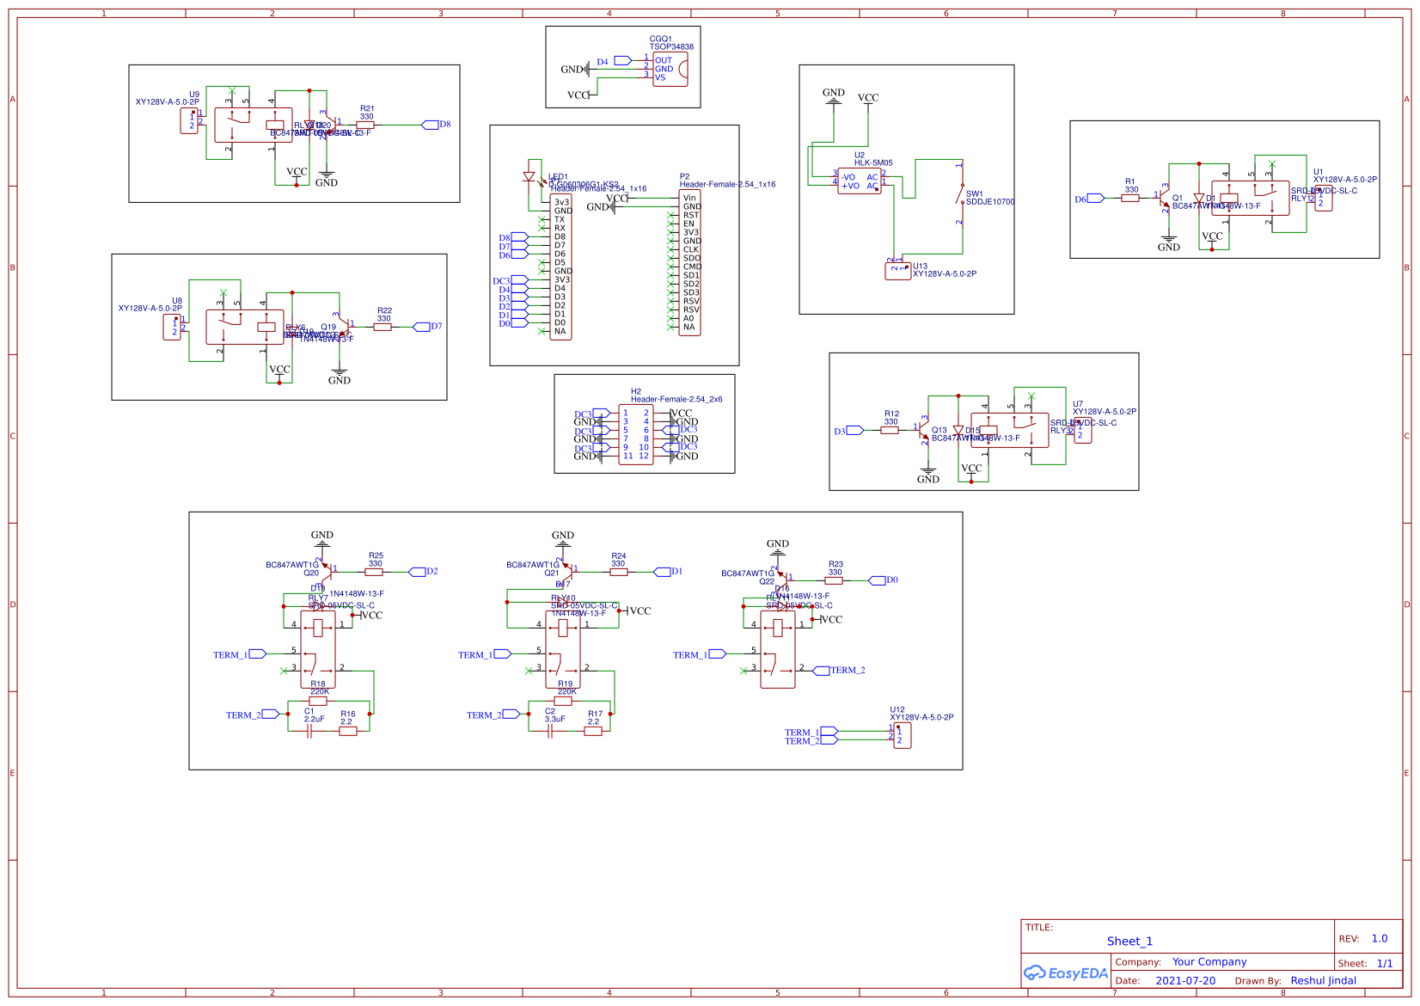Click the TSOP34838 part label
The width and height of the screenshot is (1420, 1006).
tap(671, 47)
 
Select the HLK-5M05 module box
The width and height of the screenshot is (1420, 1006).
tap(859, 181)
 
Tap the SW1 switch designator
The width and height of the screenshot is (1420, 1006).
tap(974, 194)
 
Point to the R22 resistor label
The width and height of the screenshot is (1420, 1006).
tap(384, 310)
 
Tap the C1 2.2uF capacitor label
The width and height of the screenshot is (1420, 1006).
tap(314, 715)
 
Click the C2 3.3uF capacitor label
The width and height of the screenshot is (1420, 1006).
tap(554, 715)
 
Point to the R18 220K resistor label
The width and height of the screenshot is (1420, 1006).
tap(318, 688)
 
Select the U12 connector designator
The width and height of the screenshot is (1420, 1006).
tap(897, 710)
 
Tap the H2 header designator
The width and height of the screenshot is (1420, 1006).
tap(636, 391)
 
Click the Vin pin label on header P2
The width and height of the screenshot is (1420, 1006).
tap(689, 198)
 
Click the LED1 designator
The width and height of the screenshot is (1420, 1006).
tap(558, 177)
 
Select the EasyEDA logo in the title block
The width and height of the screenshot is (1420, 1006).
tap(1065, 973)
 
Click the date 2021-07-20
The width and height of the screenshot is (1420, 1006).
tap(1184, 981)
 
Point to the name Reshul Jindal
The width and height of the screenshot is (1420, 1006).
tap(1323, 981)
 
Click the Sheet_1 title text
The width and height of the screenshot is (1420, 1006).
tap(1129, 942)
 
